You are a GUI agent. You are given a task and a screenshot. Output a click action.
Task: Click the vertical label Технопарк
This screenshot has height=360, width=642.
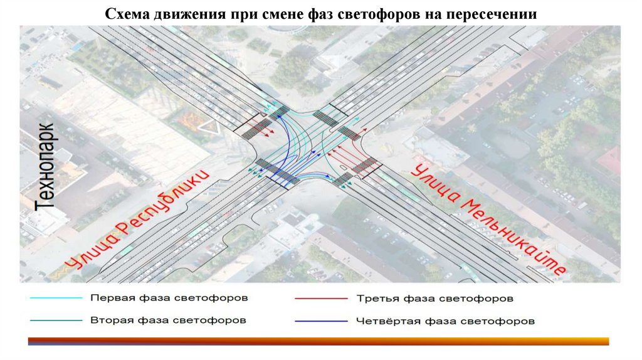(45, 166)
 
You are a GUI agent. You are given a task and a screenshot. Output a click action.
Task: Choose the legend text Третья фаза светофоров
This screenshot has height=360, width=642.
(435, 298)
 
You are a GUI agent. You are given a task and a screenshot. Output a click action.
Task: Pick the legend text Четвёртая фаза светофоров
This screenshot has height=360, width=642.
(445, 321)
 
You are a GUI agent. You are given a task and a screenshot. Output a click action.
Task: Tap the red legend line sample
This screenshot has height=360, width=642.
(320, 299)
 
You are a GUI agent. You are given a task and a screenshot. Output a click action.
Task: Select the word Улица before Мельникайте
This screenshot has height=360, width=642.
(433, 183)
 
